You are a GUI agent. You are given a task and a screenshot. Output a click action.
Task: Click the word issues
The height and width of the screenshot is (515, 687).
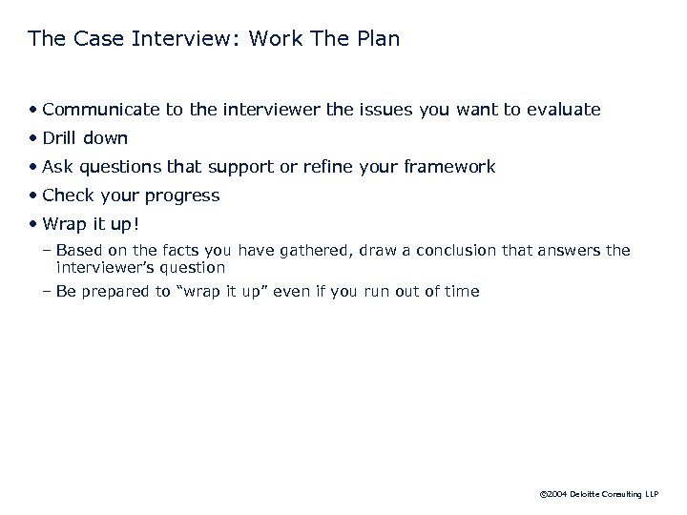pyautogui.click(x=386, y=110)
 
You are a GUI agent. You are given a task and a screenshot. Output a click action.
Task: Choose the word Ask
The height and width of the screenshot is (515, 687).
pyautogui.click(x=58, y=167)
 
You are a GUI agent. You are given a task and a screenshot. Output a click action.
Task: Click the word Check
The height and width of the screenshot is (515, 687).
pyautogui.click(x=69, y=196)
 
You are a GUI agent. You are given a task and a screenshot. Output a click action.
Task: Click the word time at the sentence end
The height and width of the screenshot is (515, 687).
pyautogui.click(x=462, y=292)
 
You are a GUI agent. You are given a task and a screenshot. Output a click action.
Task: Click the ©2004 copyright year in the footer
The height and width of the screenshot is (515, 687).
pyautogui.click(x=552, y=495)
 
